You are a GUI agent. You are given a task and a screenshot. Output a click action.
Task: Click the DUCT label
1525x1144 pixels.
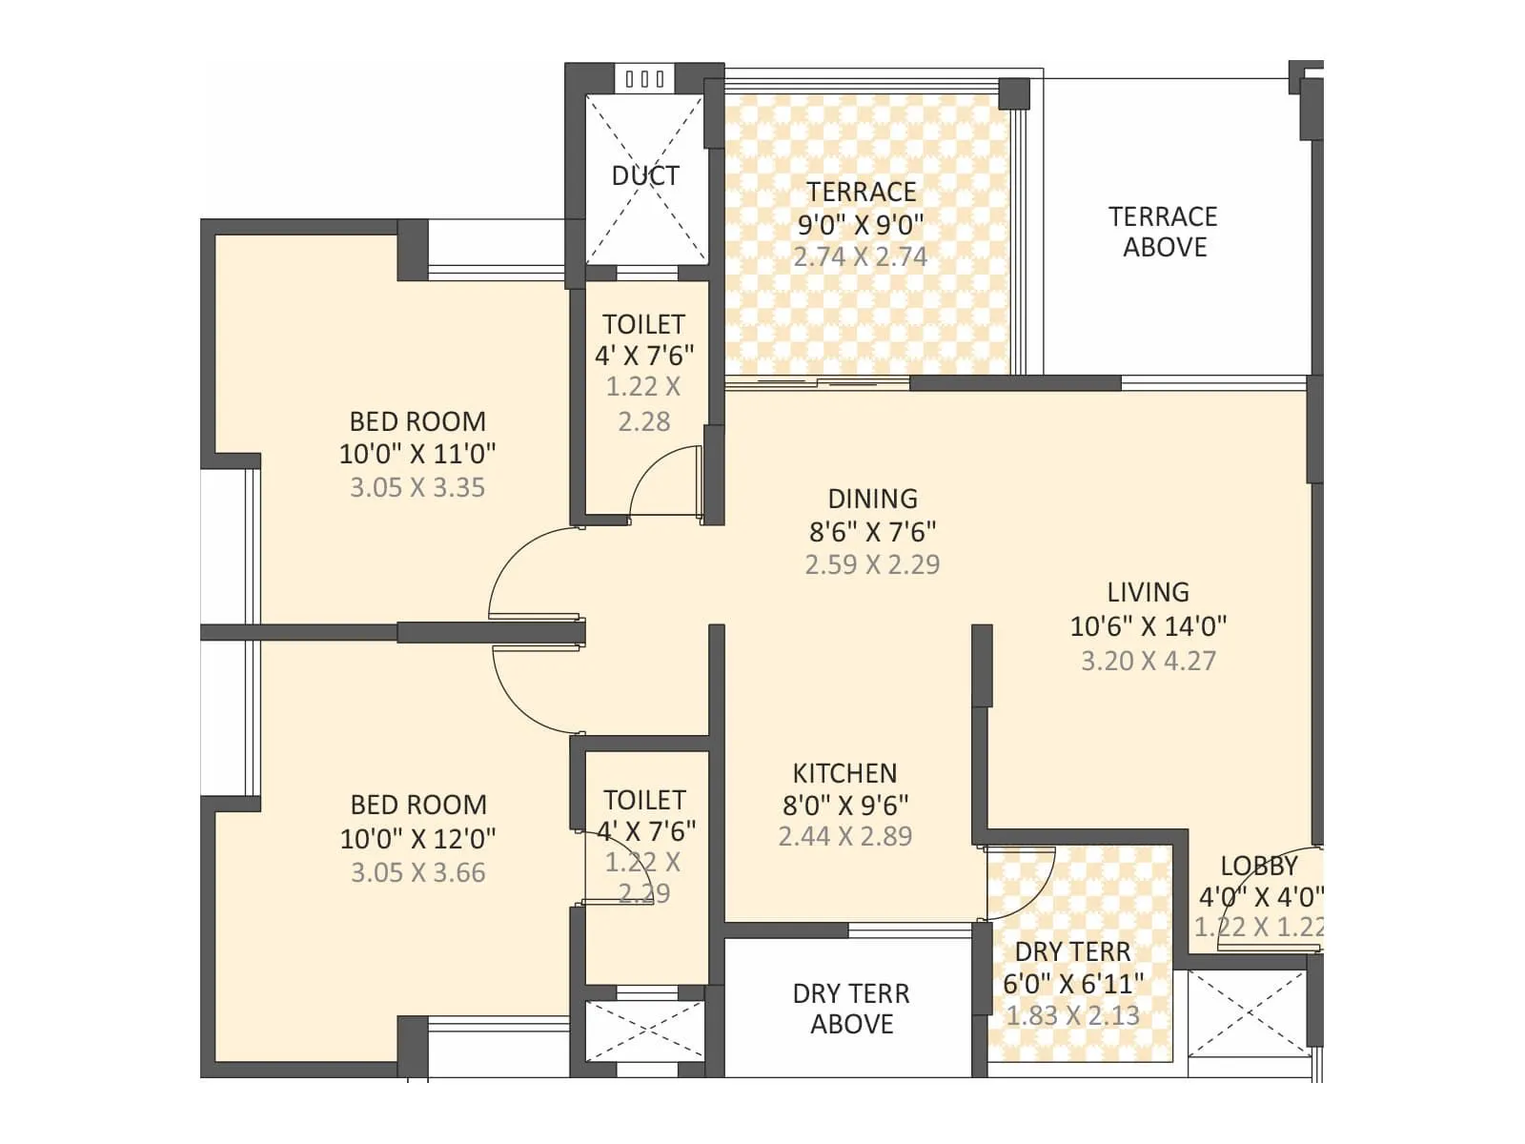pyautogui.click(x=645, y=175)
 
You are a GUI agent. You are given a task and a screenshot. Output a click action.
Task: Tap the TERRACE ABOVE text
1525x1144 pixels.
pyautogui.click(x=1163, y=232)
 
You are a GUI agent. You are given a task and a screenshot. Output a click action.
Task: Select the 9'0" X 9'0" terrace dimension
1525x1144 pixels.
pyautogui.click(x=861, y=224)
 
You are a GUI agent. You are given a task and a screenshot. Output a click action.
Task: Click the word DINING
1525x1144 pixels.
pyautogui.click(x=872, y=499)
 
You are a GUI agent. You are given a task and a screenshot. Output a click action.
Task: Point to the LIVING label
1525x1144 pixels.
pyautogui.click(x=1148, y=592)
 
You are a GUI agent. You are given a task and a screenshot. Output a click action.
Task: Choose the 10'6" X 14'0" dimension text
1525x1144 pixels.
pyautogui.click(x=1148, y=626)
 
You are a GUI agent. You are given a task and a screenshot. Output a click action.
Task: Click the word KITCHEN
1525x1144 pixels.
pyautogui.click(x=844, y=772)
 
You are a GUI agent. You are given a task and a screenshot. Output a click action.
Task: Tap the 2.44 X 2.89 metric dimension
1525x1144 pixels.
pyautogui.click(x=844, y=836)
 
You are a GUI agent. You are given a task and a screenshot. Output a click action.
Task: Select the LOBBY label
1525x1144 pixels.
pyautogui.click(x=1259, y=866)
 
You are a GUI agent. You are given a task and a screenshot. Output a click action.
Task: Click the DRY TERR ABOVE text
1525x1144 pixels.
pyautogui.click(x=851, y=1009)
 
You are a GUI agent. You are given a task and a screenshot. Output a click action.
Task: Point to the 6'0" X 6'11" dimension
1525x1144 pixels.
pyautogui.click(x=1072, y=983)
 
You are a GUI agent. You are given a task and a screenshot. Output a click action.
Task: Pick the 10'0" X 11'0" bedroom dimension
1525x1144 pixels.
pyautogui.click(x=417, y=454)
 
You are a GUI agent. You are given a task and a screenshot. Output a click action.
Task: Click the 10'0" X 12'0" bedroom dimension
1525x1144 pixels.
pyautogui.click(x=417, y=839)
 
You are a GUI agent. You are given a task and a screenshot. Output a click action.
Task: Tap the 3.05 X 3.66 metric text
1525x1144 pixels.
pyautogui.click(x=417, y=872)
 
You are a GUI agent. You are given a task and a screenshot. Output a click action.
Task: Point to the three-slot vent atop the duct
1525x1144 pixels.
pyautogui.click(x=645, y=79)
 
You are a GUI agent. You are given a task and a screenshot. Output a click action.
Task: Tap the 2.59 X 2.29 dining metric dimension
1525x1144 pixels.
pyautogui.click(x=872, y=564)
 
